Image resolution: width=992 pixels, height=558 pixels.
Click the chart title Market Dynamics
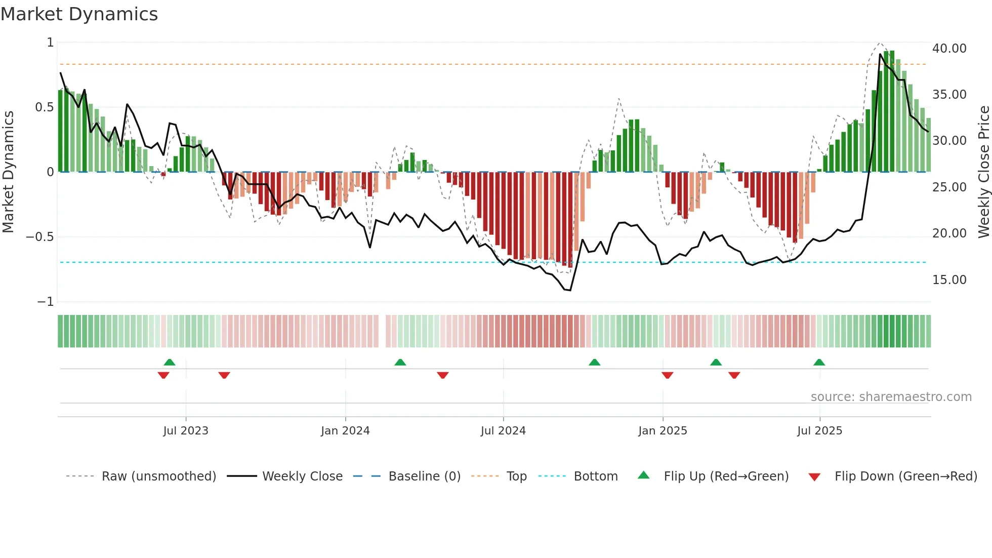(x=79, y=14)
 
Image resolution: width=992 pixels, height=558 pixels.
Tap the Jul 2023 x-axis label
(x=186, y=431)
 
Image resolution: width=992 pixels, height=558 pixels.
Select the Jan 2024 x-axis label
(x=345, y=431)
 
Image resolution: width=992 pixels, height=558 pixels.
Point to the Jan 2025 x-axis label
(x=663, y=431)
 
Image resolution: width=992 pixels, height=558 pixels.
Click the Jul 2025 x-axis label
(x=819, y=431)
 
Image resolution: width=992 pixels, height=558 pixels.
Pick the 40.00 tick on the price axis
(x=949, y=49)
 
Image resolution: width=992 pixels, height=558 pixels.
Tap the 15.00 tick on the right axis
(x=949, y=280)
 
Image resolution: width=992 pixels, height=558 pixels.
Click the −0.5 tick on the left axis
(x=39, y=237)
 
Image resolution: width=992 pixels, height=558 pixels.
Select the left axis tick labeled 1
(x=50, y=43)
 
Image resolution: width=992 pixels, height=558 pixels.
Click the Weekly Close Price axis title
(x=983, y=172)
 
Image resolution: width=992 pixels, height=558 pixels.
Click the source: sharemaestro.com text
(x=891, y=397)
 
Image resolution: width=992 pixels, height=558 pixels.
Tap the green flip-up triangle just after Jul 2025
(x=819, y=362)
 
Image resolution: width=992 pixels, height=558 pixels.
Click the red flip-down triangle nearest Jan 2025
(x=667, y=375)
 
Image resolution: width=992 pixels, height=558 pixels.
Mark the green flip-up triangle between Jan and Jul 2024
(x=400, y=362)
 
